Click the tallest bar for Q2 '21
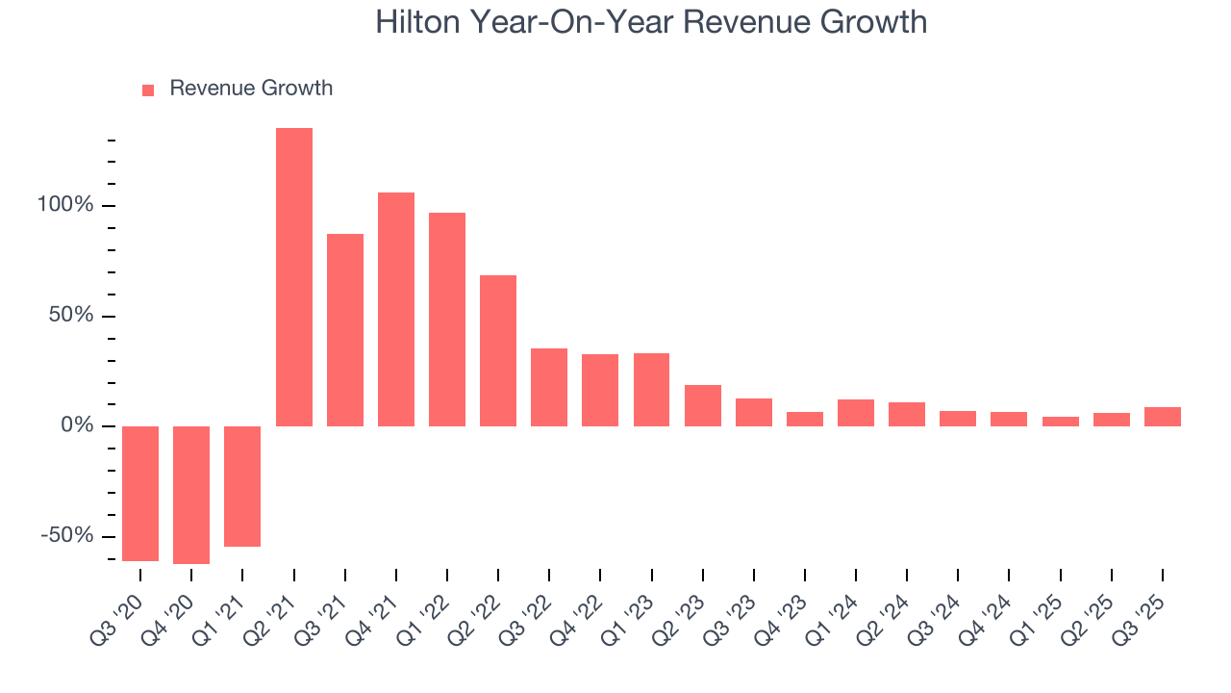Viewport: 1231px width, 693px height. pyautogui.click(x=293, y=277)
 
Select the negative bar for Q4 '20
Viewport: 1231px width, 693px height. pyautogui.click(x=191, y=495)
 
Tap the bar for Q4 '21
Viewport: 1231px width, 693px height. pyautogui.click(x=396, y=309)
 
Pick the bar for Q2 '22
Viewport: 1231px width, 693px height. pyautogui.click(x=498, y=350)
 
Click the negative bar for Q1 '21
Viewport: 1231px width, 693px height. pyautogui.click(x=242, y=486)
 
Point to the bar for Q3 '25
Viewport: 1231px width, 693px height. pyautogui.click(x=1162, y=417)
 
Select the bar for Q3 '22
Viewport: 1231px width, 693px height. pyautogui.click(x=549, y=387)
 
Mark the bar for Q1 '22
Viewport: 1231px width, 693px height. pyautogui.click(x=447, y=320)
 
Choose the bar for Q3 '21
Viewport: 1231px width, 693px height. pyautogui.click(x=345, y=330)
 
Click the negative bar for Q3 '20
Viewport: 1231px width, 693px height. pyautogui.click(x=140, y=493)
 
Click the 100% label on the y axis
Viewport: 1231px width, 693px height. pyautogui.click(x=64, y=206)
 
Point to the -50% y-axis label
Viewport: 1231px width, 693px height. pyautogui.click(x=66, y=536)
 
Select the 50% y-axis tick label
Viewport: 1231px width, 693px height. pyautogui.click(x=70, y=317)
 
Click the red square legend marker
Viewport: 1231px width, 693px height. pyautogui.click(x=148, y=90)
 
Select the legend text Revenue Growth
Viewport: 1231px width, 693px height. pyautogui.click(x=251, y=89)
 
